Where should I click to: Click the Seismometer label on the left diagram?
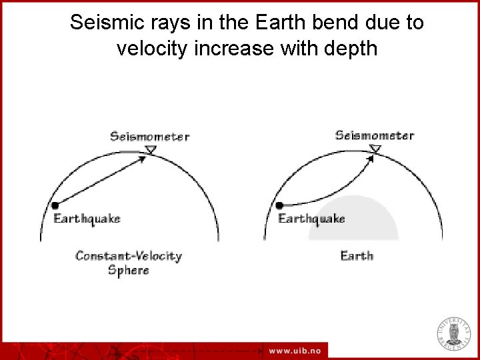149,137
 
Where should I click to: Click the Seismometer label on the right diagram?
374,135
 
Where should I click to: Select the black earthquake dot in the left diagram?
56,205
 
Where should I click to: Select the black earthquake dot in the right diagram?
280,205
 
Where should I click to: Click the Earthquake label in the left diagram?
87,219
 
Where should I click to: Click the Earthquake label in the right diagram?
311,219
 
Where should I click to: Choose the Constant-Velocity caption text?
129,255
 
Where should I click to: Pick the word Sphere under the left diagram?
129,270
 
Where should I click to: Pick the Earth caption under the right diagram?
357,255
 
